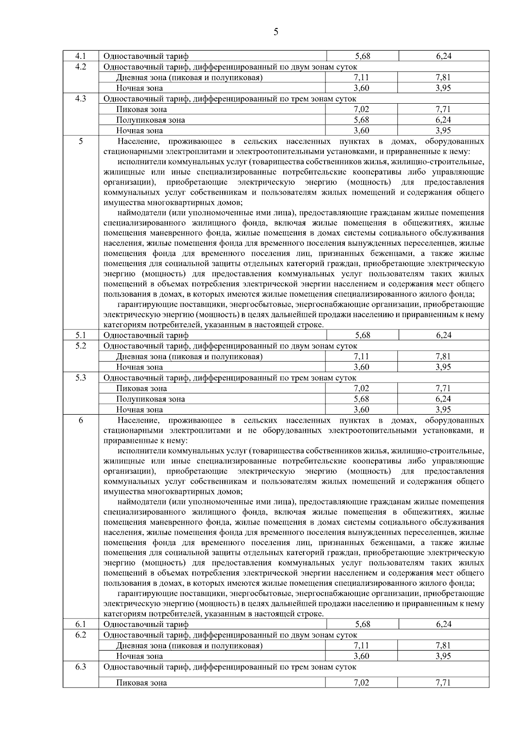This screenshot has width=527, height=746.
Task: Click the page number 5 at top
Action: (x=276, y=32)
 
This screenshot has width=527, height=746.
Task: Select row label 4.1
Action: (x=80, y=56)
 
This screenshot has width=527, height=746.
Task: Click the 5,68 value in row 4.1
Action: (x=362, y=56)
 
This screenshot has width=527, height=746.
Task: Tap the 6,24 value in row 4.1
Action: (x=444, y=56)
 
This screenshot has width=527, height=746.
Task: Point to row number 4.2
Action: (x=80, y=67)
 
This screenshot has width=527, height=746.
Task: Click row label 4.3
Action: (x=80, y=99)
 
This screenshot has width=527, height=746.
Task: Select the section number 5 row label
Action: (x=80, y=141)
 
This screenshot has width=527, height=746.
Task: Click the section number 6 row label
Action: (x=80, y=420)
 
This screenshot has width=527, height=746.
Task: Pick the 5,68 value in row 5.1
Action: (x=362, y=335)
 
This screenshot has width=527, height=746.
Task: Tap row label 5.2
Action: (x=80, y=346)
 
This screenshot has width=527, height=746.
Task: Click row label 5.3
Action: (x=80, y=378)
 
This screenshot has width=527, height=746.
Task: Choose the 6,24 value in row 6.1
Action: (x=444, y=624)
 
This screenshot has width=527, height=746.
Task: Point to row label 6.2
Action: (x=80, y=635)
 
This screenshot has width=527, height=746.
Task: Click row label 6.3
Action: (x=80, y=667)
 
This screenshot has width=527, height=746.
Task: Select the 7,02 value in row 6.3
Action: (x=361, y=683)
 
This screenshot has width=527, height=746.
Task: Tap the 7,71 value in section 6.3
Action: (x=443, y=683)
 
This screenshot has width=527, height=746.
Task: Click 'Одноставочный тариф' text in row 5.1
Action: (x=146, y=335)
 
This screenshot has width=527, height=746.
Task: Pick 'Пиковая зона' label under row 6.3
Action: (x=141, y=683)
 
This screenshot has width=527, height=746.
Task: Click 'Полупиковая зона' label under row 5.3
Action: (x=150, y=399)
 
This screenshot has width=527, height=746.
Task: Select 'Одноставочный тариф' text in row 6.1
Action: (x=146, y=624)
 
